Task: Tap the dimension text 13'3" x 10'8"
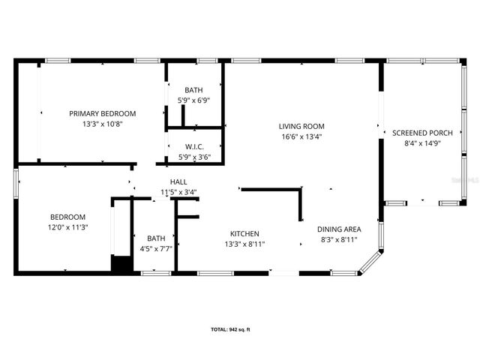102,124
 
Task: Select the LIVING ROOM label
301,126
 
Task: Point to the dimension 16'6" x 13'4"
301,136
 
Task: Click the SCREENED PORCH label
422,133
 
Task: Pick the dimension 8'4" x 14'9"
422,143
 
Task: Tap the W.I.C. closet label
194,147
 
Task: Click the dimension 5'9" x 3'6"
194,157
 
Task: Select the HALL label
178,181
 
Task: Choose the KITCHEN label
244,233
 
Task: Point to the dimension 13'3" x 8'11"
244,244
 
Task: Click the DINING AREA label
339,229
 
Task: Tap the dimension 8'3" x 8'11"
339,239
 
